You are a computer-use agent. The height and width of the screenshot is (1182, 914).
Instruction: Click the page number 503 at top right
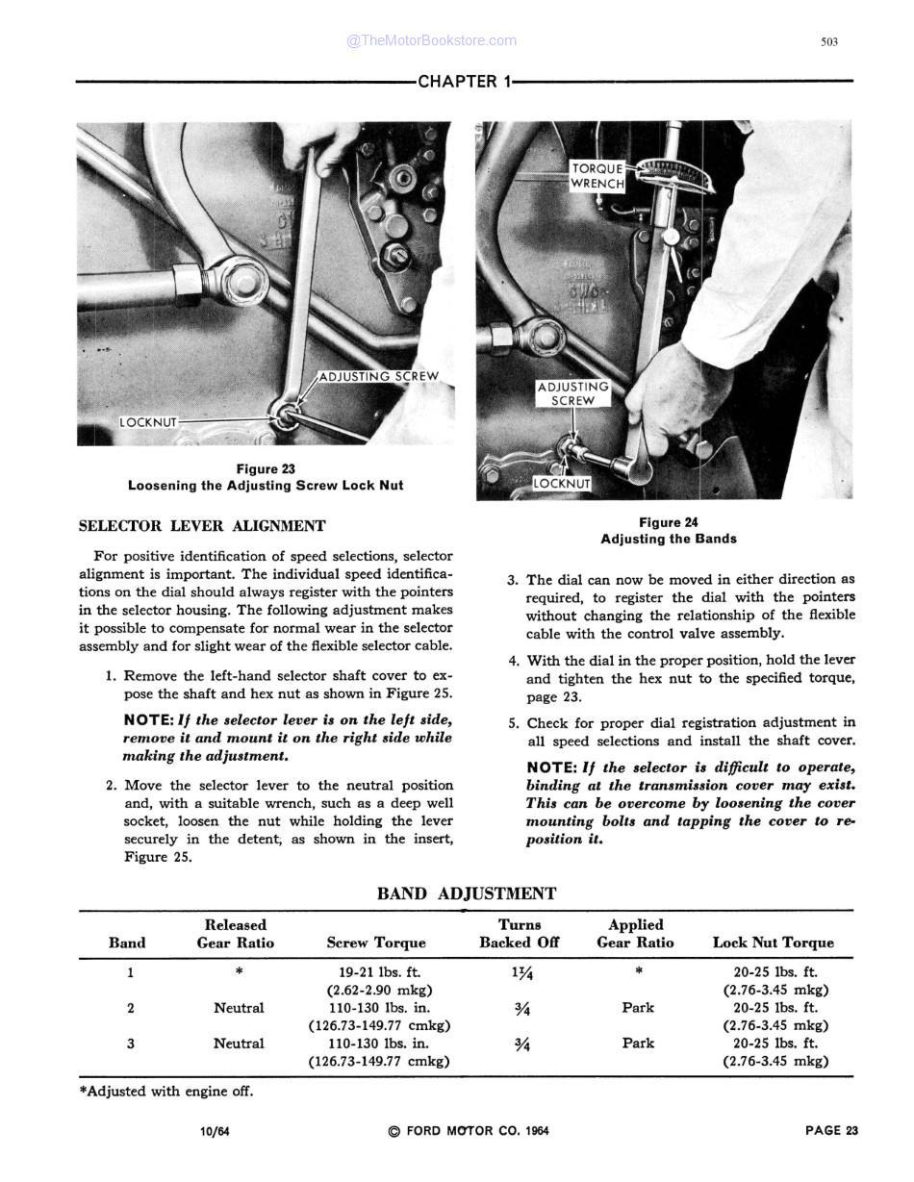pyautogui.click(x=829, y=41)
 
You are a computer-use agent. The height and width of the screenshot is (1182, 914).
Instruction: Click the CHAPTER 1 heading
pyautogui.click(x=464, y=82)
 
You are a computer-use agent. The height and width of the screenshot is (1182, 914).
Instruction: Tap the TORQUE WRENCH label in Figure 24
pyautogui.click(x=597, y=175)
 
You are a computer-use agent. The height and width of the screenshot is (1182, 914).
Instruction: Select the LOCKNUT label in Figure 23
pyautogui.click(x=148, y=422)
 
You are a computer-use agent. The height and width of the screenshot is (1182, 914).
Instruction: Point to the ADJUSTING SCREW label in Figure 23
pyautogui.click(x=377, y=376)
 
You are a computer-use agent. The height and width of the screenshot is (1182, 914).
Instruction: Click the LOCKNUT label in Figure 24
pyautogui.click(x=562, y=484)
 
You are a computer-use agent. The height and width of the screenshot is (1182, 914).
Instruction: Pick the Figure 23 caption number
pyautogui.click(x=266, y=469)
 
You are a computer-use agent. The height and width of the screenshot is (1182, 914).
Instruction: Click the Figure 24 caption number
pyautogui.click(x=669, y=522)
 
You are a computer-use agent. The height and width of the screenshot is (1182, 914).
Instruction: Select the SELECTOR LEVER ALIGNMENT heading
pyautogui.click(x=201, y=526)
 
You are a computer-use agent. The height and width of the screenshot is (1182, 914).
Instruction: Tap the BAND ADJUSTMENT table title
pyautogui.click(x=467, y=893)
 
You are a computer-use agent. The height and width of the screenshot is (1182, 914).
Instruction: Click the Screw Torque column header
pyautogui.click(x=376, y=943)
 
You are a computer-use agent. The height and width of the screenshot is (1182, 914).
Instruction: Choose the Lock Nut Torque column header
pyautogui.click(x=774, y=943)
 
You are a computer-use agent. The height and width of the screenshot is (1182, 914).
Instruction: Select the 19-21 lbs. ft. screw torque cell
pyautogui.click(x=379, y=972)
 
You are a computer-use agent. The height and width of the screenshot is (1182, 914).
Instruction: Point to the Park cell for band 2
pyautogui.click(x=638, y=1008)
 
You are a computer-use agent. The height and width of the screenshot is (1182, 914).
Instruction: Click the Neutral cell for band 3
pyautogui.click(x=239, y=1043)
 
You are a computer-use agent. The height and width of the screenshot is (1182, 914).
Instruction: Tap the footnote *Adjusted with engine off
pyautogui.click(x=165, y=1092)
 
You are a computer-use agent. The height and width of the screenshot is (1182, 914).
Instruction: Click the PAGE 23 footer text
pyautogui.click(x=831, y=1130)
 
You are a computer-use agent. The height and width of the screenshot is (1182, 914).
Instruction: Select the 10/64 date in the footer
pyautogui.click(x=215, y=1131)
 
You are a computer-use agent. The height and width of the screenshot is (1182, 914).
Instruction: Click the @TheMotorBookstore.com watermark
pyautogui.click(x=431, y=40)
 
